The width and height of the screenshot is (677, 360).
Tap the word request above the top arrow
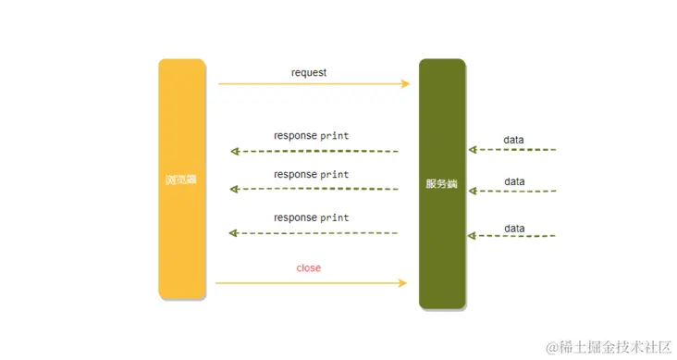309,72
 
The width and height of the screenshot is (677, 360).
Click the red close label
309,267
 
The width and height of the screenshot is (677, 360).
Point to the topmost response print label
312,135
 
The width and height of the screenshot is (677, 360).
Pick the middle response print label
312,174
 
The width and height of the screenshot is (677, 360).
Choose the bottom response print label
312,217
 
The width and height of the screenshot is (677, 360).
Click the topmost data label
514,140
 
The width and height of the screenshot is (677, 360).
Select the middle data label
514,181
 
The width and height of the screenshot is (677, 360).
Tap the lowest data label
514,228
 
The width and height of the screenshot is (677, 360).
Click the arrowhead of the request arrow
405,84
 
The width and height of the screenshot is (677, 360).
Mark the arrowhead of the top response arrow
235,151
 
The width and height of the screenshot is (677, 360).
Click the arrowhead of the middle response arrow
235,190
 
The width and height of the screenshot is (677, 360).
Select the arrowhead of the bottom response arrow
235,233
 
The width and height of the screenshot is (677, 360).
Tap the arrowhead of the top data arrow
472,149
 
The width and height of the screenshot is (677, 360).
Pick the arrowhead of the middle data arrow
472,191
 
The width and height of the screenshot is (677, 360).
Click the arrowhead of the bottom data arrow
472,236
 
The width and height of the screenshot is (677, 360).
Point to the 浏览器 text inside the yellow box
181,180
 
